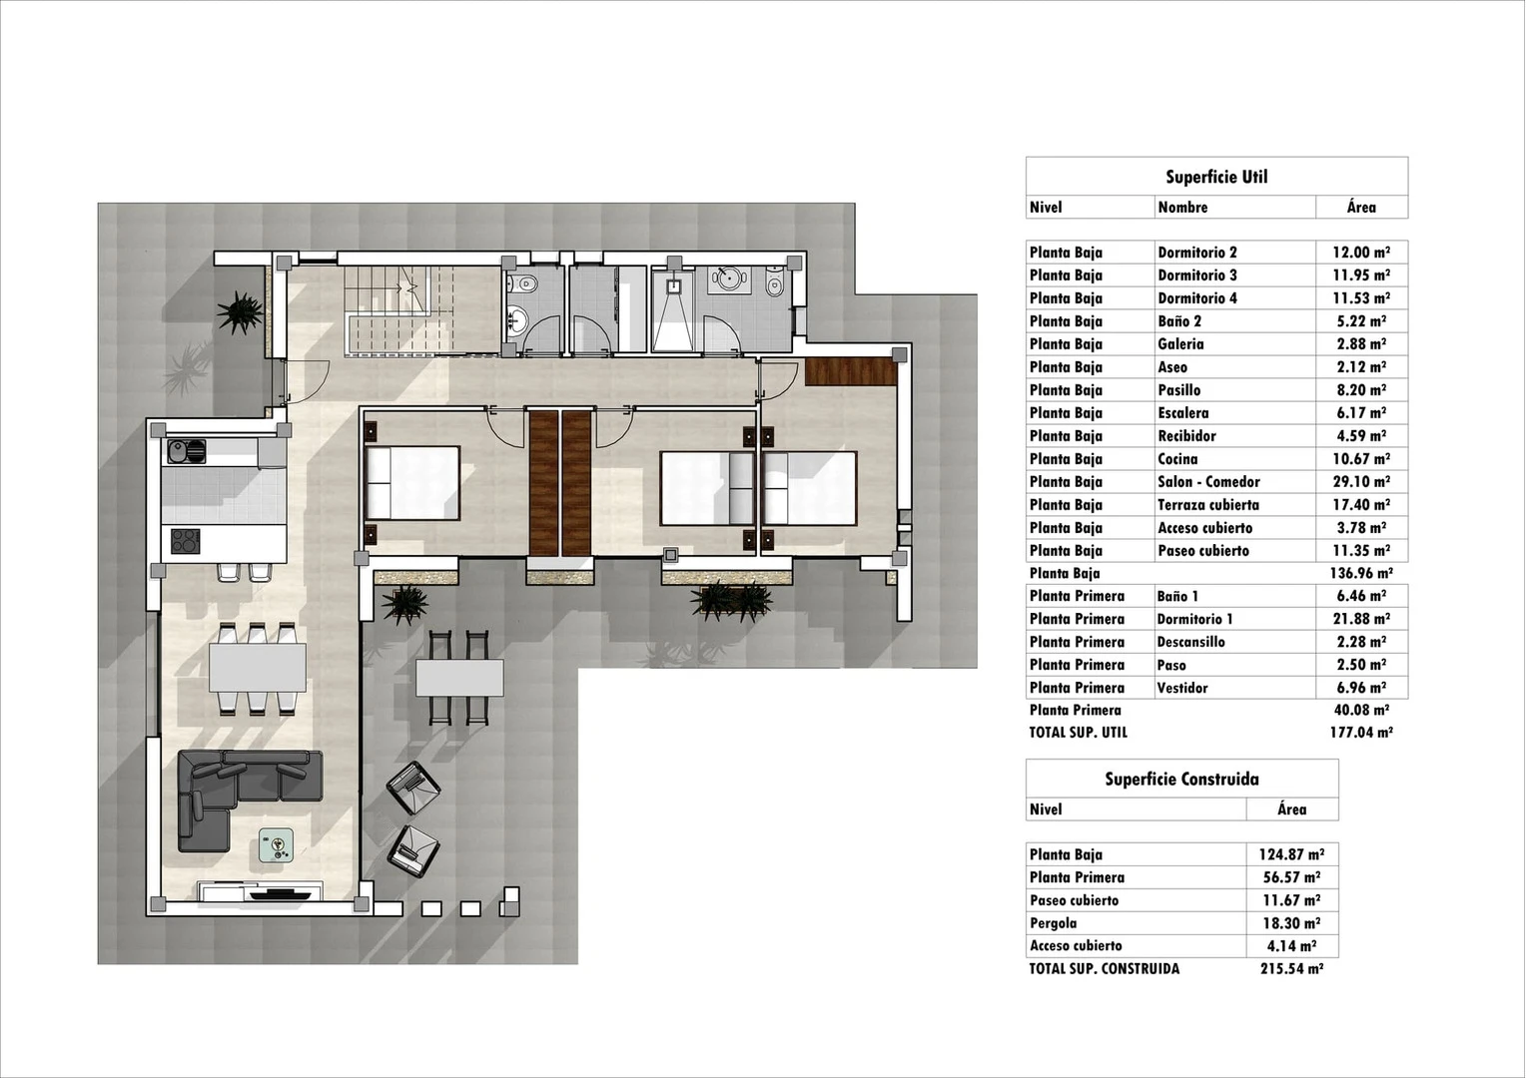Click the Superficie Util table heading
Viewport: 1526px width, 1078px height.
pyautogui.click(x=1216, y=177)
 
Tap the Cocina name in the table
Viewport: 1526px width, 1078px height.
pyautogui.click(x=1177, y=459)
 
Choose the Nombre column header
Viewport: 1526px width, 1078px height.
pyautogui.click(x=1182, y=208)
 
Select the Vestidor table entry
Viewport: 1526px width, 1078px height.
pyautogui.click(x=1182, y=688)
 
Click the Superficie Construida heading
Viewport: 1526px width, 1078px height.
pyautogui.click(x=1181, y=780)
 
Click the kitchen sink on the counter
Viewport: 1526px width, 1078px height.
pyautogui.click(x=186, y=452)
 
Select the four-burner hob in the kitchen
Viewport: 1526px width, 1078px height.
pyautogui.click(x=185, y=541)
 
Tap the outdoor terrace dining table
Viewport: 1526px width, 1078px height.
pyautogui.click(x=459, y=679)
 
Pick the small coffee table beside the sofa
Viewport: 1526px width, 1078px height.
pyautogui.click(x=277, y=845)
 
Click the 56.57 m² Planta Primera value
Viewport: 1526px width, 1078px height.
pyautogui.click(x=1291, y=877)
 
